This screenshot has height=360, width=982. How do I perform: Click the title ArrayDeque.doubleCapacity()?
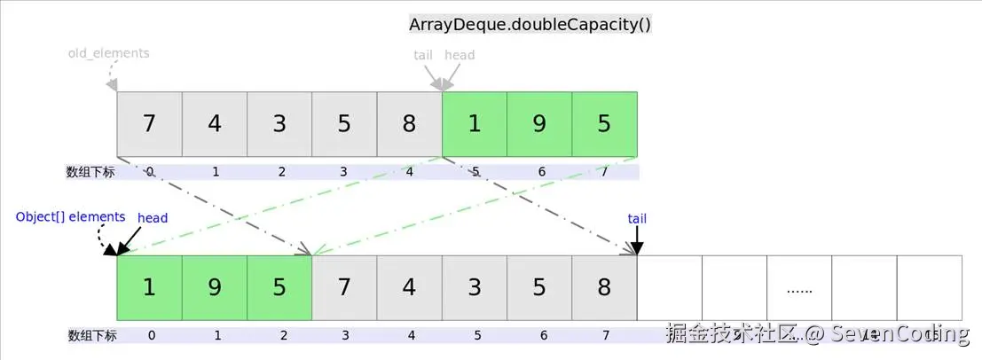coord(530,24)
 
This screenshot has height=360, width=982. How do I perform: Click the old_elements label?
coord(108,53)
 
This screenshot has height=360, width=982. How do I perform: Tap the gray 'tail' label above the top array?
coord(423,55)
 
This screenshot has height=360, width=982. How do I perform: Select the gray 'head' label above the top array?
coord(460,55)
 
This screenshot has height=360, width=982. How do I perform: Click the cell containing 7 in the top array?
coord(149,123)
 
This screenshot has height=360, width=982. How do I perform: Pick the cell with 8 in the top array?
coord(409,123)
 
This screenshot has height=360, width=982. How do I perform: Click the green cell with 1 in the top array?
coord(475,123)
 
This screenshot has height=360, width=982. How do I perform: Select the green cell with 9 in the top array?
coord(539,123)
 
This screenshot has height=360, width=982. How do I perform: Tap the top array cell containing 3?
coord(279,123)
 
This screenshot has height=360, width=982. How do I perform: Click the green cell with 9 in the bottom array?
coord(215,288)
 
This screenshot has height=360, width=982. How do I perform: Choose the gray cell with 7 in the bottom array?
coord(344,288)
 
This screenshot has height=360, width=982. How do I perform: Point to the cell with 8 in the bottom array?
coord(604,288)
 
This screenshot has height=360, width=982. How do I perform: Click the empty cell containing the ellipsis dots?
coord(799,288)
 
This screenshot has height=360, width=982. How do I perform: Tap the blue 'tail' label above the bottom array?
coord(637,218)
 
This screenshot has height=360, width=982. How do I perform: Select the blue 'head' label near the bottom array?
coord(153,218)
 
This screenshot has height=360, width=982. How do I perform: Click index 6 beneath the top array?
coord(539,172)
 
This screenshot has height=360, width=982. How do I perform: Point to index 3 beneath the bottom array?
coord(344,335)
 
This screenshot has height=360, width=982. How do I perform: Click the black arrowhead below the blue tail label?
coord(637,248)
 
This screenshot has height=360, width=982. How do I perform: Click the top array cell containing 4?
coord(215,123)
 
